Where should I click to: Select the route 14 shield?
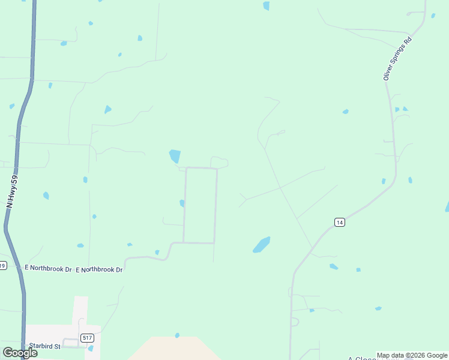pyautogui.click(x=340, y=223)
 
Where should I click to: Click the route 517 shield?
pyautogui.click(x=88, y=338)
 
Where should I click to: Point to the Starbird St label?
pyautogui.click(x=45, y=346)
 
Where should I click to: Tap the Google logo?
pyautogui.click(x=20, y=353)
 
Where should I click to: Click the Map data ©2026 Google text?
pyautogui.click(x=412, y=355)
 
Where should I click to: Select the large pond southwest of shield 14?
pyautogui.click(x=261, y=245)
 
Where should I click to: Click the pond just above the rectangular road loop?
pyautogui.click(x=175, y=156)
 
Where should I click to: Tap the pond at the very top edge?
pyautogui.click(x=266, y=6)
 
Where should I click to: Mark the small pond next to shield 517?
pyautogui.click(x=91, y=348)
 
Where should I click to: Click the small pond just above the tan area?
pyautogui.click(x=177, y=335)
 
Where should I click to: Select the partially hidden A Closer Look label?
pyautogui.click(x=360, y=358)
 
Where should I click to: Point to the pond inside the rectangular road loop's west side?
pyautogui.click(x=182, y=203)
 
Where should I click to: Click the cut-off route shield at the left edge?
pyautogui.click(x=2, y=265)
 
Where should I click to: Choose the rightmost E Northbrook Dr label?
pyautogui.click(x=99, y=270)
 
